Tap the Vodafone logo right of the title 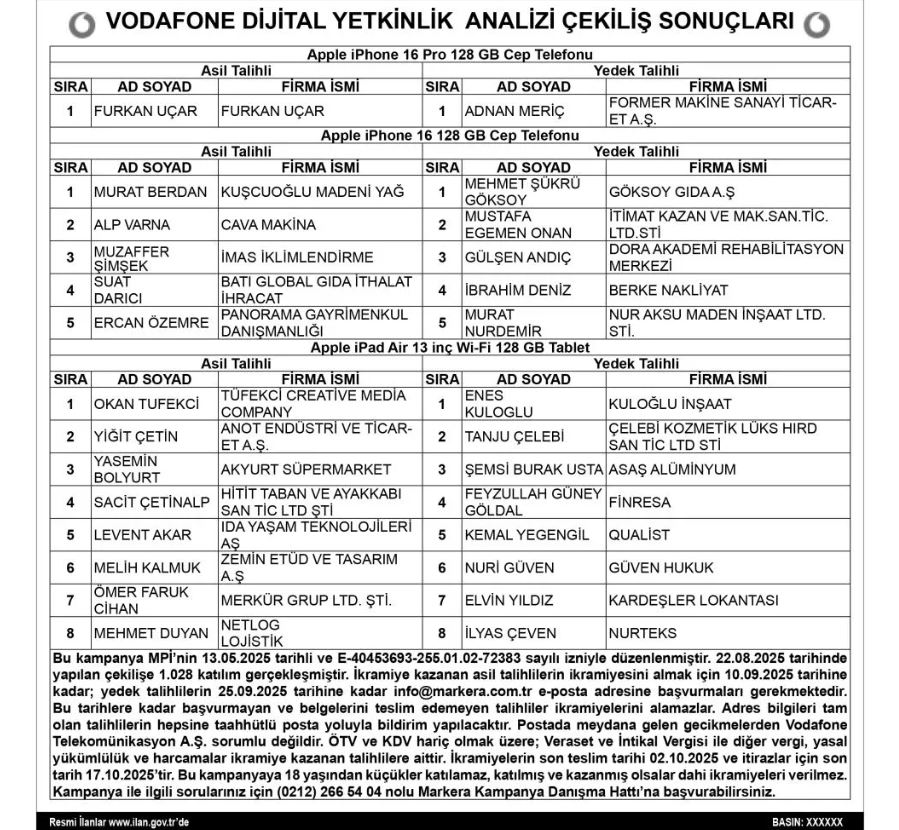pyautogui.click(x=815, y=22)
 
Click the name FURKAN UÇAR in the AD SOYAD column pyautogui.click(x=144, y=111)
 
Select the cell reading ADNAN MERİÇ pyautogui.click(x=514, y=111)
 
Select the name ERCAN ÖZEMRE pyautogui.click(x=144, y=323)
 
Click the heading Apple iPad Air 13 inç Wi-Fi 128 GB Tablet pyautogui.click(x=450, y=347)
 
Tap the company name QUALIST pyautogui.click(x=639, y=535)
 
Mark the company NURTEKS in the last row pyautogui.click(x=642, y=633)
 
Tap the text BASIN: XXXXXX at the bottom pyautogui.click(x=812, y=821)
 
